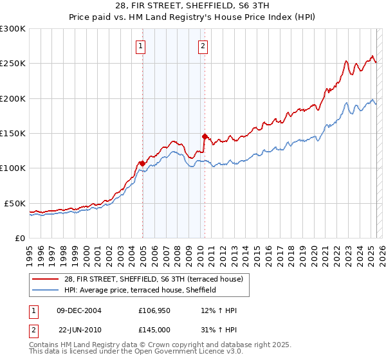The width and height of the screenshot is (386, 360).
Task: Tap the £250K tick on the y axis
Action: [13, 64]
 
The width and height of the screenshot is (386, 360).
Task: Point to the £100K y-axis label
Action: [13, 168]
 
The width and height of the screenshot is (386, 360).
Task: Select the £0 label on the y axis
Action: [20, 238]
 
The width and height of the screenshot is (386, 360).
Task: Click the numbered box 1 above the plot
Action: [140, 46]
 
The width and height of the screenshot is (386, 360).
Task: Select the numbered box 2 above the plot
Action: [203, 46]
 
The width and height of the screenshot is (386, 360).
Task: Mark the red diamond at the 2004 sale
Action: [142, 163]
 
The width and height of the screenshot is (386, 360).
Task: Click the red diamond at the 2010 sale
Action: [205, 136]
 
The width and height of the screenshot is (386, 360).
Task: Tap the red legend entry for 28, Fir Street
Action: [153, 279]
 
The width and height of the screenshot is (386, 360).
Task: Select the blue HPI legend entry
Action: [140, 291]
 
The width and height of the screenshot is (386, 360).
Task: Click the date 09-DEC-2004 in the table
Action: [79, 311]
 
